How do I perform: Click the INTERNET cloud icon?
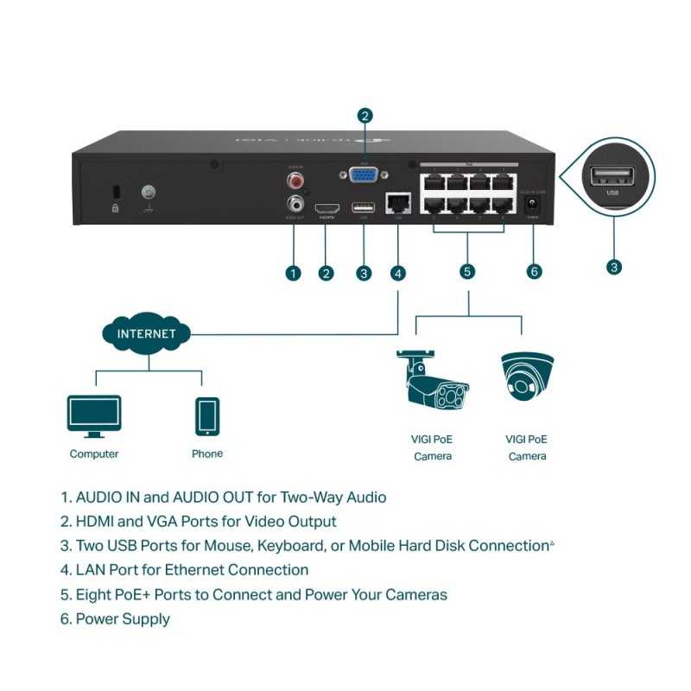click(x=147, y=333)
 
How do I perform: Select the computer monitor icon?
click(x=94, y=416)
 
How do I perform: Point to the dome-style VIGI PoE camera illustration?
click(x=527, y=378)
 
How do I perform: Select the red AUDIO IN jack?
click(x=297, y=181)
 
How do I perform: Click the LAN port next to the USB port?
click(x=397, y=204)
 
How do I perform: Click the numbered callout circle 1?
click(x=293, y=273)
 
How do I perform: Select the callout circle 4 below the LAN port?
click(x=397, y=273)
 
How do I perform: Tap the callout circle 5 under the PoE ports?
click(x=467, y=271)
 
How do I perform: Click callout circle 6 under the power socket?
click(x=534, y=271)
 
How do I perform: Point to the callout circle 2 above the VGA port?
click(x=365, y=115)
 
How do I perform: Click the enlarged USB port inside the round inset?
click(x=612, y=178)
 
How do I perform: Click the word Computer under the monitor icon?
click(x=94, y=453)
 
